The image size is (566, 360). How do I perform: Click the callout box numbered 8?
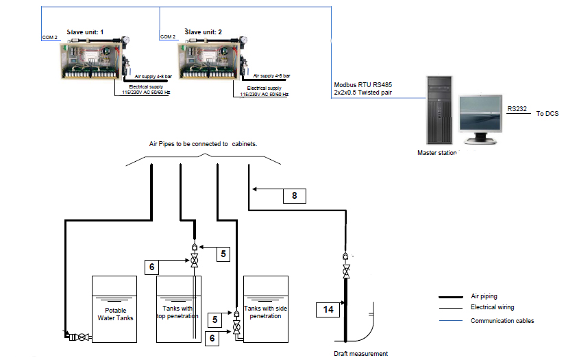(x=295, y=195)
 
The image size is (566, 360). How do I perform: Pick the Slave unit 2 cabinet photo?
(x=208, y=62)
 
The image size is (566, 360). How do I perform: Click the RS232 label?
(x=517, y=108)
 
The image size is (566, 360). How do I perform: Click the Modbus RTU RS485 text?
(x=362, y=84)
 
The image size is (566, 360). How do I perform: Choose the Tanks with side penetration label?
(x=265, y=312)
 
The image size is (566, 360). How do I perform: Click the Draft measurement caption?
(x=361, y=354)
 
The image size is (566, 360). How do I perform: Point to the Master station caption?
(x=437, y=153)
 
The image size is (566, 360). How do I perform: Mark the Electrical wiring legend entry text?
(x=493, y=307)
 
